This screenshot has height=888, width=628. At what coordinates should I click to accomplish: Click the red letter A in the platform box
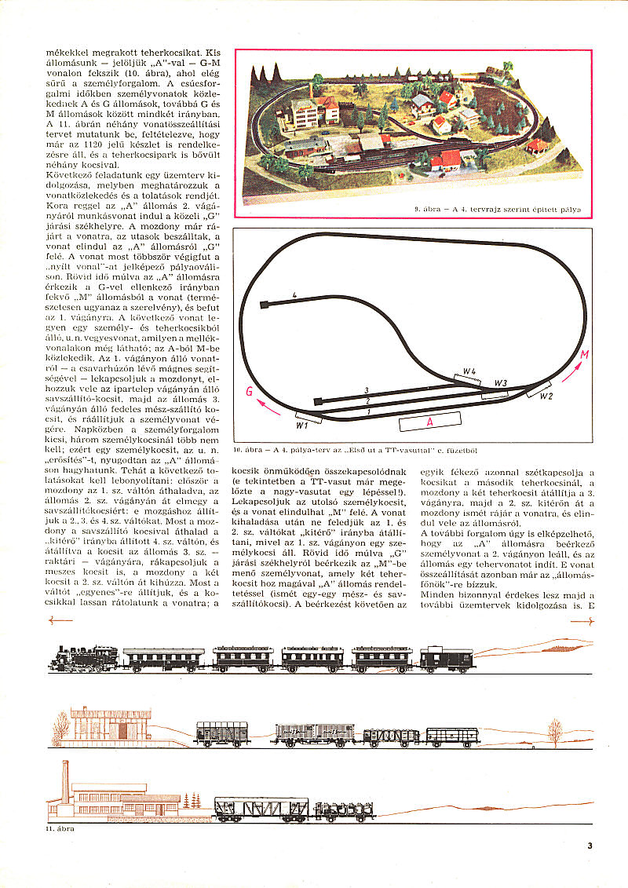429,422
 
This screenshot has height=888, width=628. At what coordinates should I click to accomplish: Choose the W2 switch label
546,396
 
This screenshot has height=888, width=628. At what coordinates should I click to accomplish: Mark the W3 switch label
501,382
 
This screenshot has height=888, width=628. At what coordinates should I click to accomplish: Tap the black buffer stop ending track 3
317,401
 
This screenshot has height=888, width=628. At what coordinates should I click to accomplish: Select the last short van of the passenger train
446,658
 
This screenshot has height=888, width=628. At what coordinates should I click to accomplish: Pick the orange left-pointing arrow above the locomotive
60,620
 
